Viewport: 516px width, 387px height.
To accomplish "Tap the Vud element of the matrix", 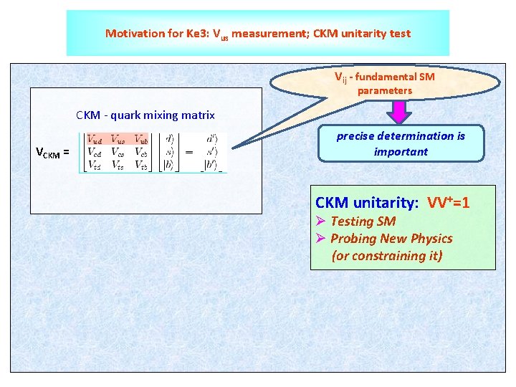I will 95,140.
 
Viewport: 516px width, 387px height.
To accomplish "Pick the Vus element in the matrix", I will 118,140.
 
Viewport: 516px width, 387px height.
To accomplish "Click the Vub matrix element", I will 141,140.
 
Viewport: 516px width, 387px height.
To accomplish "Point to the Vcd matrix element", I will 95,153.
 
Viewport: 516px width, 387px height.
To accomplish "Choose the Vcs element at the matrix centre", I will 118,153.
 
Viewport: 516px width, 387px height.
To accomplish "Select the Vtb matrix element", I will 141,166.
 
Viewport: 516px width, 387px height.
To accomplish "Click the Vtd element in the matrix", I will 95,166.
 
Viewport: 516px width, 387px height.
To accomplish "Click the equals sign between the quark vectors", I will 188,152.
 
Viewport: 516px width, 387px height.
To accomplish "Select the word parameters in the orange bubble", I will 385,91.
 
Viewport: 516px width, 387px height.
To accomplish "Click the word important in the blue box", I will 401,151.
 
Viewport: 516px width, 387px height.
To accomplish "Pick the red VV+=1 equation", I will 449,203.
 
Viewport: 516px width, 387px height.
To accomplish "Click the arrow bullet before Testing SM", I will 321,221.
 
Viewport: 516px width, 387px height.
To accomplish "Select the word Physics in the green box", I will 431,239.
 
